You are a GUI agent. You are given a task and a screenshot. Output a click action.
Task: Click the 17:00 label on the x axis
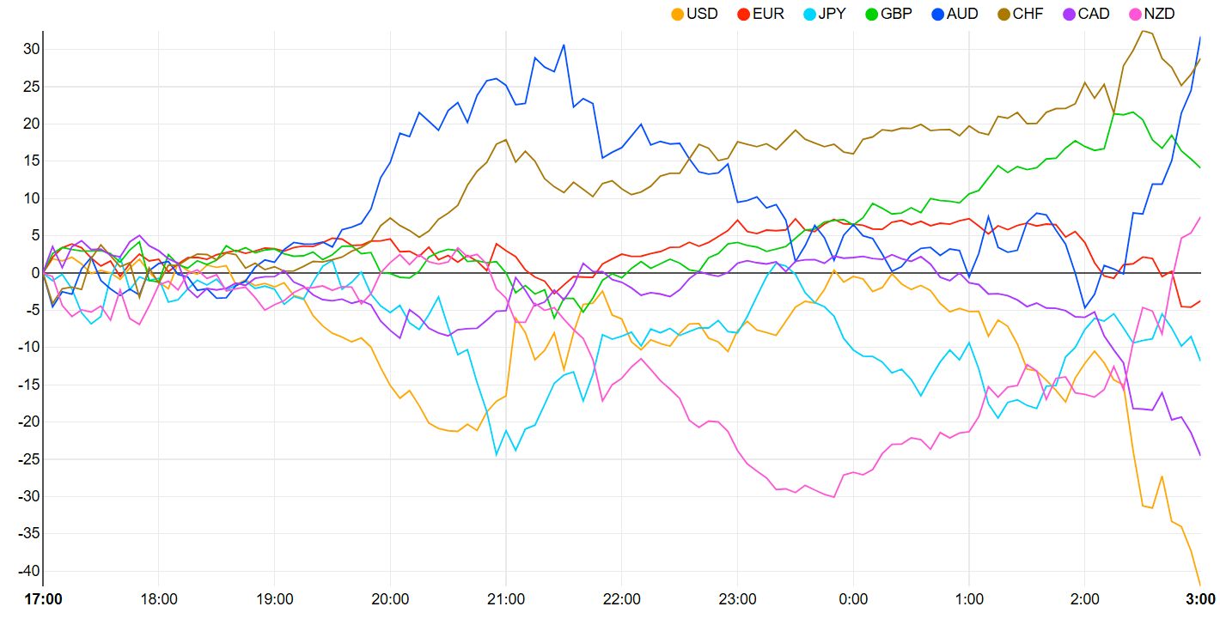click(43, 599)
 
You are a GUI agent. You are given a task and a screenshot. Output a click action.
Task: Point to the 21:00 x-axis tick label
click(506, 599)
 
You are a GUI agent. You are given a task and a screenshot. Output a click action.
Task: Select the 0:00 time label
click(852, 599)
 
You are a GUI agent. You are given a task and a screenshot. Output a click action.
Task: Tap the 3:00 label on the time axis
click(1200, 599)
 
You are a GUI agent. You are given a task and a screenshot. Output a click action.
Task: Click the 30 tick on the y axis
click(31, 50)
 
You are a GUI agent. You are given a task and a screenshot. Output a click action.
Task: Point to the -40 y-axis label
click(28, 571)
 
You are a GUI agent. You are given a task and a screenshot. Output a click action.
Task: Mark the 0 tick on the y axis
click(35, 273)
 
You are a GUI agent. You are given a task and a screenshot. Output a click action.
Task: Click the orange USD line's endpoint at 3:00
click(1200, 585)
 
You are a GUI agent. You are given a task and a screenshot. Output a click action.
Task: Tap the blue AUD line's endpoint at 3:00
click(1200, 37)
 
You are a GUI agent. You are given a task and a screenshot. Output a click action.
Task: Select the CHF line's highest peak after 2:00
click(1142, 31)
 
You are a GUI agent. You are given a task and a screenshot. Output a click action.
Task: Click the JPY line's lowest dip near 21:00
click(497, 454)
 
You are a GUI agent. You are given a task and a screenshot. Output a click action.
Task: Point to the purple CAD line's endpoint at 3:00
click(1200, 455)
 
